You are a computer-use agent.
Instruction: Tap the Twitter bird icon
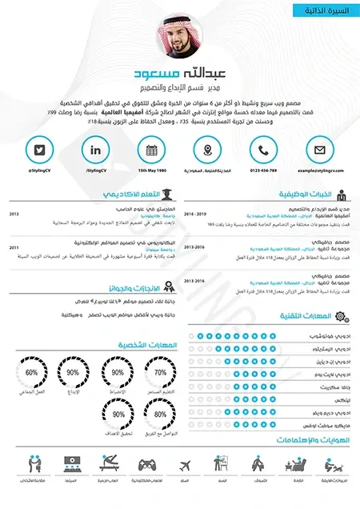pyautogui.click(x=39, y=150)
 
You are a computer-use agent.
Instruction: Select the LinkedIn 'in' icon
pyautogui.click(x=96, y=150)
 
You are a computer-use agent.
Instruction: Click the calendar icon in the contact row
pyautogui.click(x=152, y=150)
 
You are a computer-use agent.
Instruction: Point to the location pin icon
pyautogui.click(x=208, y=150)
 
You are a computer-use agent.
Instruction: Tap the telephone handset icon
pyautogui.click(x=263, y=150)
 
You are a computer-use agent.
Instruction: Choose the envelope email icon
pyautogui.click(x=319, y=150)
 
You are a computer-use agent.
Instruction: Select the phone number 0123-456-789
pyautogui.click(x=263, y=170)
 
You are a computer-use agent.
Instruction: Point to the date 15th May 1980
pyautogui.click(x=152, y=170)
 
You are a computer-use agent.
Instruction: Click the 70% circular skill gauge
pyautogui.click(x=160, y=373)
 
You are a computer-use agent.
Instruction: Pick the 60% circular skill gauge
pyautogui.click(x=32, y=373)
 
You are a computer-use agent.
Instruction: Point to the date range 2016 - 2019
pyautogui.click(x=195, y=214)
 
